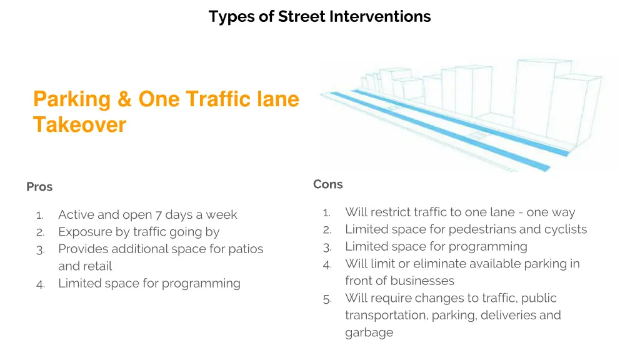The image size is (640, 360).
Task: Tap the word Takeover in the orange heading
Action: tap(79, 125)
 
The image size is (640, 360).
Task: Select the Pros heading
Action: tap(39, 187)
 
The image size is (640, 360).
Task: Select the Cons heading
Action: tap(328, 184)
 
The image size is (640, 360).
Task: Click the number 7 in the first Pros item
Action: tap(158, 215)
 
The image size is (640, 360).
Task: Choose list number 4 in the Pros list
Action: tap(39, 284)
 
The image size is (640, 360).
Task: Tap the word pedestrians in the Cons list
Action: tap(482, 229)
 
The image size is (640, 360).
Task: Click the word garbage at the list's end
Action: tap(369, 332)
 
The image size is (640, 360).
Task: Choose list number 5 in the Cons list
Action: tap(327, 299)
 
